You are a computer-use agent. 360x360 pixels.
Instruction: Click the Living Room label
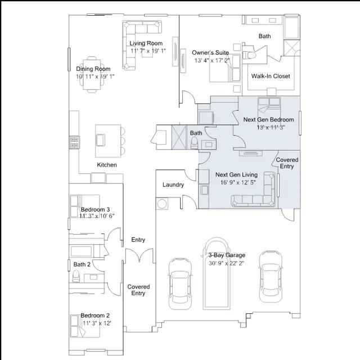[x=146, y=43]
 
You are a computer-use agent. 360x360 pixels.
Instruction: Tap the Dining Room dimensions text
[x=95, y=76]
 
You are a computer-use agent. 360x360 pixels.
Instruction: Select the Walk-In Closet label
[x=271, y=76]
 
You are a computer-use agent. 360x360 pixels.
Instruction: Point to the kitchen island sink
[x=100, y=140]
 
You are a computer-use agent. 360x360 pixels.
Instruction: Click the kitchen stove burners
[x=74, y=142]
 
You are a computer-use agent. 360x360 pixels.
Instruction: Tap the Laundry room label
[x=173, y=185]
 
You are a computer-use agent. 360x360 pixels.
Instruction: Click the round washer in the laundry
[x=162, y=204]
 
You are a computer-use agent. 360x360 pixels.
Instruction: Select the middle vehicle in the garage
[x=216, y=273]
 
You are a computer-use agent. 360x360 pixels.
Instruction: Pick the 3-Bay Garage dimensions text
[x=226, y=263]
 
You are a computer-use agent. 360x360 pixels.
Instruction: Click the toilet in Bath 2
[x=76, y=276]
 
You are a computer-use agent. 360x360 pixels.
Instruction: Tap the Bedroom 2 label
[x=95, y=316]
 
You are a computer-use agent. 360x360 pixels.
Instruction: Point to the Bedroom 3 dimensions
[x=97, y=216]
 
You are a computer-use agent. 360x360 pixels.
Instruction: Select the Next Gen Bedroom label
[x=268, y=120]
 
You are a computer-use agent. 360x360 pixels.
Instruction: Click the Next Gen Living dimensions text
[x=238, y=182]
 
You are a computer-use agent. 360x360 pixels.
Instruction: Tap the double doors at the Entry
[x=139, y=255]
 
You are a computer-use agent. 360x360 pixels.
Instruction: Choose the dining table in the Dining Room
[x=92, y=75]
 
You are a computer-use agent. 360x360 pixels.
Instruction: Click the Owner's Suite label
[x=210, y=52]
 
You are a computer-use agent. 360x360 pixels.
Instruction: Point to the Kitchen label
[x=107, y=165]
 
